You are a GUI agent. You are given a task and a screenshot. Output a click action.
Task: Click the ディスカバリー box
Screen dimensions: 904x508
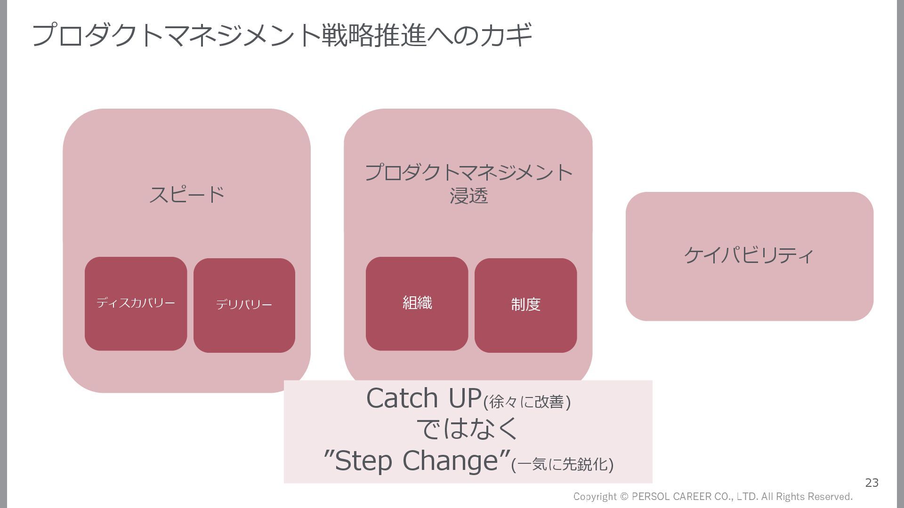[x=136, y=303]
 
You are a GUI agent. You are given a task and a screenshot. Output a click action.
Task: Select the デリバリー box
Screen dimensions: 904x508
[x=244, y=305]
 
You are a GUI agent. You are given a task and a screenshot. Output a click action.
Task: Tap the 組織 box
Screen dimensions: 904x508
[x=417, y=303]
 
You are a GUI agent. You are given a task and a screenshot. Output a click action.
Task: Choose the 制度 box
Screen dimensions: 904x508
[x=525, y=305]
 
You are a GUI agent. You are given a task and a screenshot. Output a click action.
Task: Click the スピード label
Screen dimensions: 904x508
[x=187, y=194]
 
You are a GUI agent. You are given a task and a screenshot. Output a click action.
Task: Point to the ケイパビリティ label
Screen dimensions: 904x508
[x=749, y=255]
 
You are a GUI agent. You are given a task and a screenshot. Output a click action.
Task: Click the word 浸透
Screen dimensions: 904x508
[x=468, y=196]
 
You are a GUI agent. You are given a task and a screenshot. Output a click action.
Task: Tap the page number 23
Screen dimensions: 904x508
[x=872, y=483]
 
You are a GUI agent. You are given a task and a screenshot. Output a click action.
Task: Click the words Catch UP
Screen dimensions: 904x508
[x=424, y=398]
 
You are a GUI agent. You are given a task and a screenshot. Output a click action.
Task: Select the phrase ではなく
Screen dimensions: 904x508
[x=468, y=429]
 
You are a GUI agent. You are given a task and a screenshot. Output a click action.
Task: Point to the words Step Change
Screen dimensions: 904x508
[x=417, y=460]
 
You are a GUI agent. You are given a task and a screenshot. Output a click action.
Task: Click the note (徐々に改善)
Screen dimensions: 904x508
[x=527, y=402]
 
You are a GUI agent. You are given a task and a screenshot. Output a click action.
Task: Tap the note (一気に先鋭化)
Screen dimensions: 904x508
[x=562, y=464]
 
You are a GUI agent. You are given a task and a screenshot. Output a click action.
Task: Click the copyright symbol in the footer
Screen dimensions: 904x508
[x=624, y=497]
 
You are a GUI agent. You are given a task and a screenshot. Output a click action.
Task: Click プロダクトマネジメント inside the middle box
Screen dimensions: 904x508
[x=468, y=173]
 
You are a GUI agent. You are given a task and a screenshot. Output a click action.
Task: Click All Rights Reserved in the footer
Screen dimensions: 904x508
[x=807, y=497]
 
